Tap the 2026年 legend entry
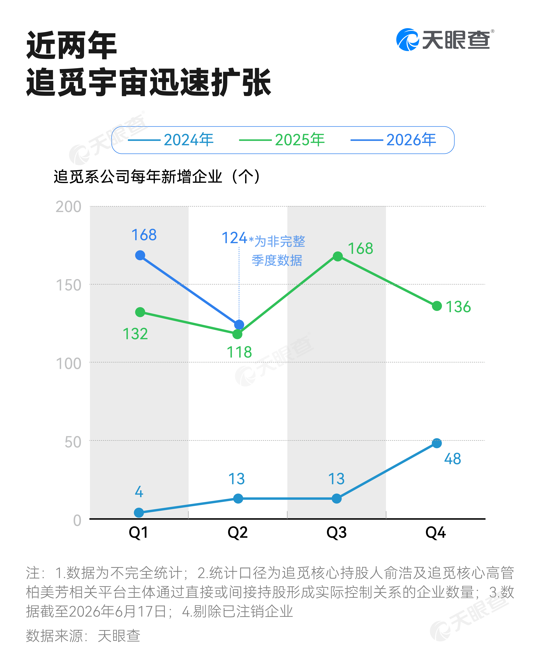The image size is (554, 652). [393, 140]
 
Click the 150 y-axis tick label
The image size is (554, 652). [68, 285]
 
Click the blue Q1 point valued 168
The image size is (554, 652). [140, 255]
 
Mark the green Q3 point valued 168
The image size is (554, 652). [338, 257]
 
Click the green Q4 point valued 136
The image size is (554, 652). [437, 306]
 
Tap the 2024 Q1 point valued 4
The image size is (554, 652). [139, 513]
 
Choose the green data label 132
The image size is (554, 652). [135, 334]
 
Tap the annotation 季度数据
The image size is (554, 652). [277, 260]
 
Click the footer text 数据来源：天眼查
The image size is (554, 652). [83, 636]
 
